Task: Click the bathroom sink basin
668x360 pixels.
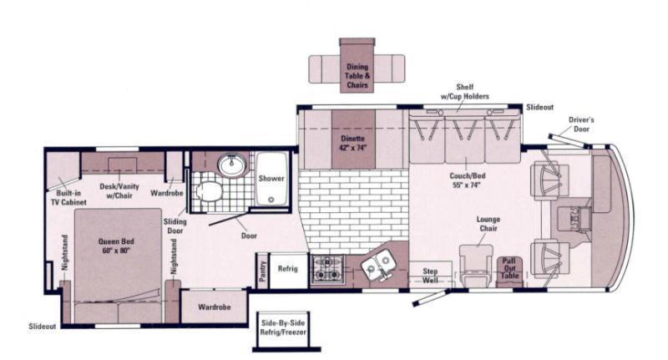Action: pyautogui.click(x=232, y=165)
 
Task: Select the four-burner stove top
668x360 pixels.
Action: pyautogui.click(x=326, y=269)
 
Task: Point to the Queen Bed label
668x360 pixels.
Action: pyautogui.click(x=116, y=246)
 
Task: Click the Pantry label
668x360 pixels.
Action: pyautogui.click(x=262, y=271)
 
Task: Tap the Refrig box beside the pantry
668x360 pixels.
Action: pyautogui.click(x=288, y=271)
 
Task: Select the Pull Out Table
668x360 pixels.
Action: pyautogui.click(x=509, y=271)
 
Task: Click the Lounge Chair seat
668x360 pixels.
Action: pyautogui.click(x=475, y=265)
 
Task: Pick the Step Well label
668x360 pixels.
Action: pyautogui.click(x=430, y=276)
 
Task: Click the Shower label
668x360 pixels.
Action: pyautogui.click(x=271, y=179)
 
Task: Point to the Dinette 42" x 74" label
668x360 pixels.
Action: pyautogui.click(x=353, y=143)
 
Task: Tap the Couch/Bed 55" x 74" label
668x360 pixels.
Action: pyautogui.click(x=467, y=180)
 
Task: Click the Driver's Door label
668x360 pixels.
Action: pyautogui.click(x=581, y=124)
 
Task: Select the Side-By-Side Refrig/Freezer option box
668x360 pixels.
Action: pyautogui.click(x=283, y=331)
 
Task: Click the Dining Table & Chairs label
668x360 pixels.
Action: pyautogui.click(x=357, y=76)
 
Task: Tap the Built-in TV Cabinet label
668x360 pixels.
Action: pyautogui.click(x=68, y=198)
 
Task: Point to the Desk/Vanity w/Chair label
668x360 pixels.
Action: pyautogui.click(x=119, y=191)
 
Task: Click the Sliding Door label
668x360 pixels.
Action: pyautogui.click(x=175, y=226)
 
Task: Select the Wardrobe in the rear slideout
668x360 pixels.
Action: pyautogui.click(x=214, y=307)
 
